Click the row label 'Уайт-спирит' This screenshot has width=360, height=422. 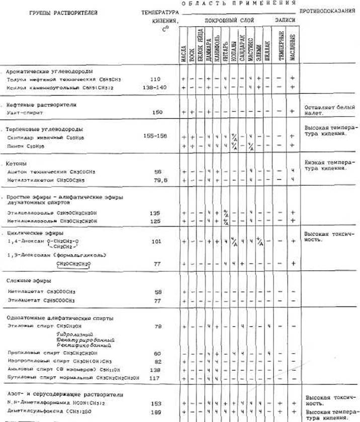coord(26,113)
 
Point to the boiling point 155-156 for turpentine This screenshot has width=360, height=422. coord(157,136)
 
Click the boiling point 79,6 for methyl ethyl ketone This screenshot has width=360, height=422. coord(157,179)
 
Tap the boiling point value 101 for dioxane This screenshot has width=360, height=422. coord(157,242)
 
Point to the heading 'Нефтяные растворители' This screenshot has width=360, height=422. coord(41,105)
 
